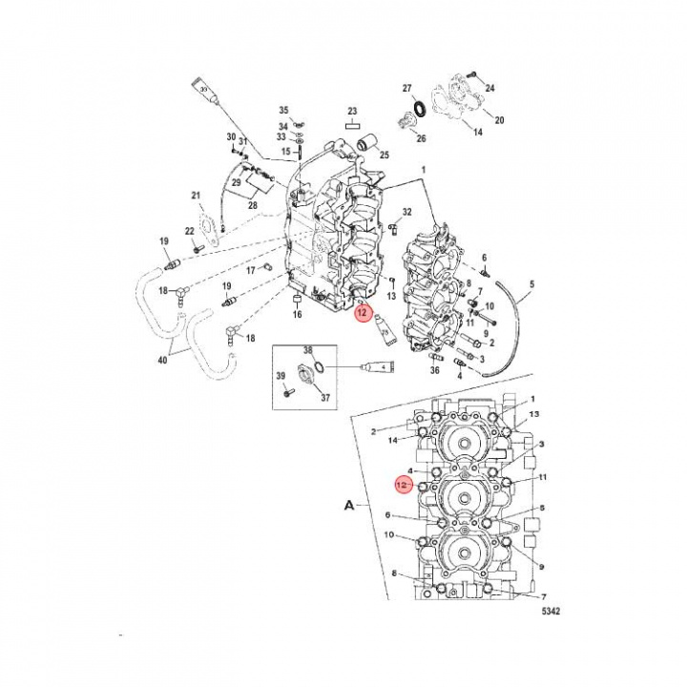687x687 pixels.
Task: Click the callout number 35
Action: tap(282, 112)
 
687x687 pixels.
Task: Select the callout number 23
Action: tap(351, 111)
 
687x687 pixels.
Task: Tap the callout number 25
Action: tap(385, 156)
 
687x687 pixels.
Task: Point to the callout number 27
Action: tap(406, 88)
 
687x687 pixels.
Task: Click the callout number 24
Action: tap(490, 88)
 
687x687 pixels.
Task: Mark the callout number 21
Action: tap(196, 197)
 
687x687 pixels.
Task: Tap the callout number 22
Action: tap(190, 231)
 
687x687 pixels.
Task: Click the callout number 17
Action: tap(251, 270)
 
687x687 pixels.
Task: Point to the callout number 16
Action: tap(297, 314)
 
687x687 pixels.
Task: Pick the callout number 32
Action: tap(407, 212)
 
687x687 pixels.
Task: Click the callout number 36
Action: tap(435, 370)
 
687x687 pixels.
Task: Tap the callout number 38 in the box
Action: tap(308, 350)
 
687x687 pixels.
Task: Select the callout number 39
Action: tap(281, 377)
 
